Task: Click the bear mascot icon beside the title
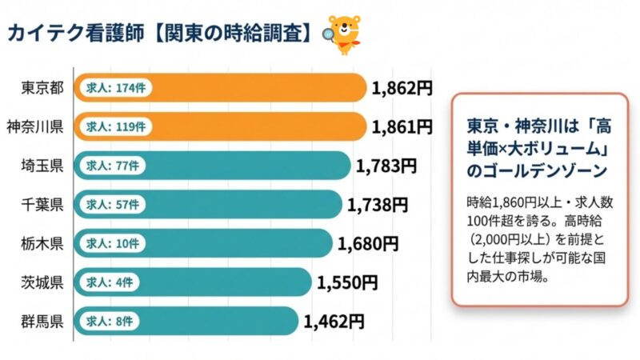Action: point(341,32)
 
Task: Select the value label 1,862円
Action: point(402,88)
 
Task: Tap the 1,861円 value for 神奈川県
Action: point(402,126)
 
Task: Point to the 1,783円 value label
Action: point(386,166)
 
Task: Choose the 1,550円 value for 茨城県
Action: point(346,282)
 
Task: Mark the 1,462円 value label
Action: point(334,322)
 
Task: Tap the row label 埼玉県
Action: point(42,166)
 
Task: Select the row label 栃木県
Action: point(42,243)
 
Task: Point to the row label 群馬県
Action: point(42,322)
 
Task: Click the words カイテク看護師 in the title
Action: point(76,33)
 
